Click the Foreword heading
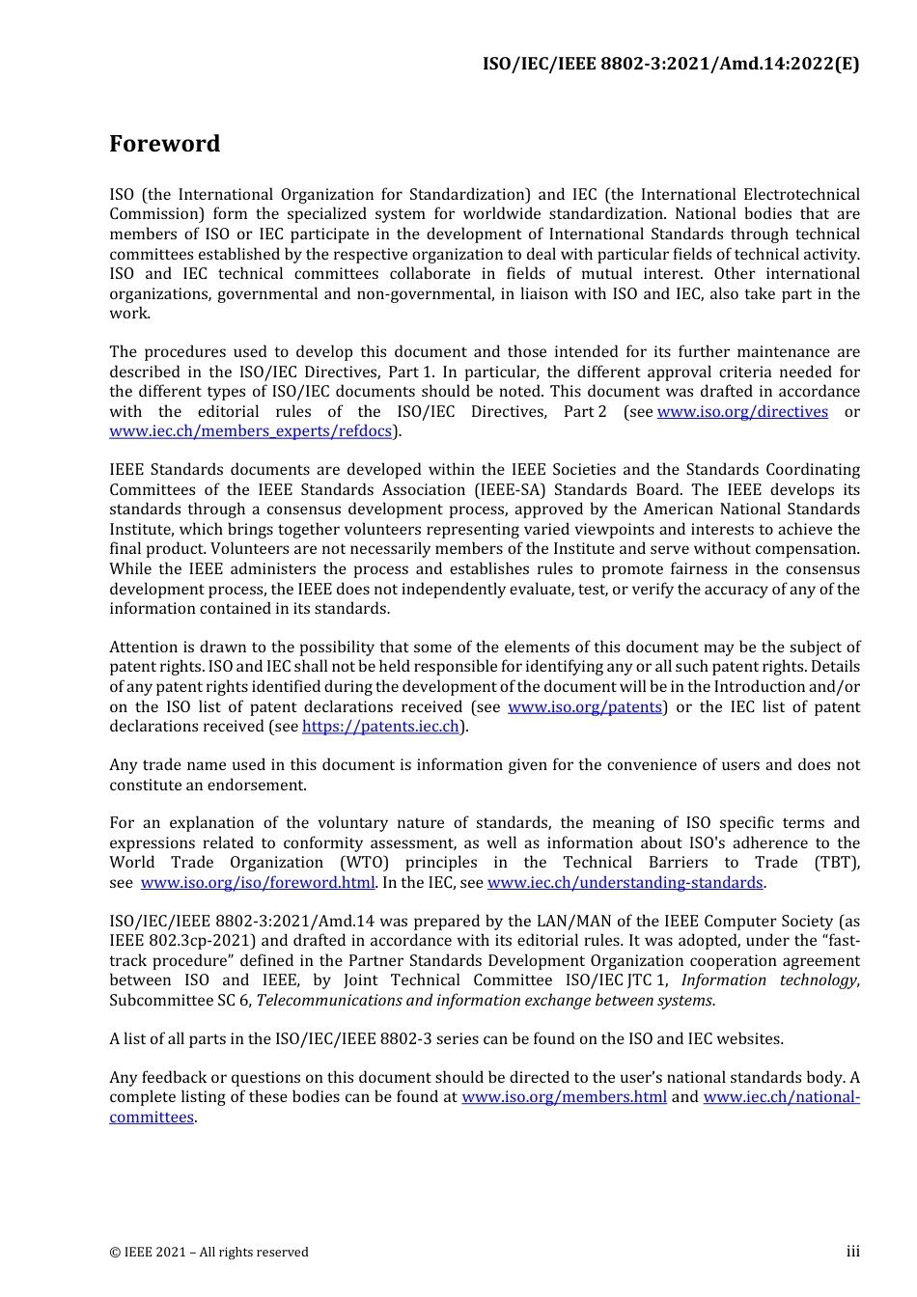tap(164, 144)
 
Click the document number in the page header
tap(671, 64)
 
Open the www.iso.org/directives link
tap(742, 412)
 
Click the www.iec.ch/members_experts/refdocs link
tap(251, 431)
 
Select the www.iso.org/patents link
tap(585, 707)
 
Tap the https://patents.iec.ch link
tap(380, 727)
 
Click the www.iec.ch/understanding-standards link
tap(625, 883)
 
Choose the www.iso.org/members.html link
tap(564, 1097)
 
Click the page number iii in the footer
tap(852, 1252)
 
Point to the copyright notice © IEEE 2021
tap(208, 1253)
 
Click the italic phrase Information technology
tap(769, 980)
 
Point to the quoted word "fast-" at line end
tap(840, 941)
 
